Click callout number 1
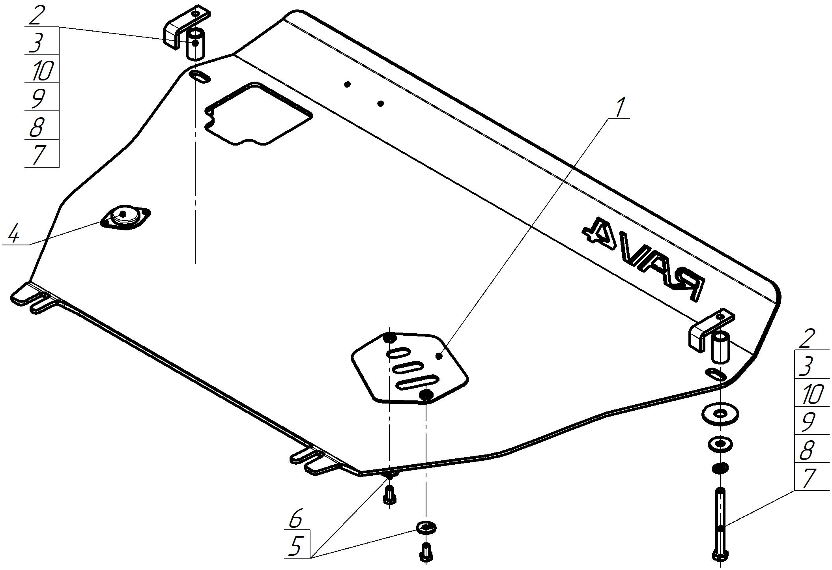pos(620,107)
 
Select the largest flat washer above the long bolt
pos(720,414)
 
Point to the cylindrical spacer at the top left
pos(196,43)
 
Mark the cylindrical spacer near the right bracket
pos(720,347)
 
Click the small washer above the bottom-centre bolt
pos(426,527)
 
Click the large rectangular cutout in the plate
pos(258,114)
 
